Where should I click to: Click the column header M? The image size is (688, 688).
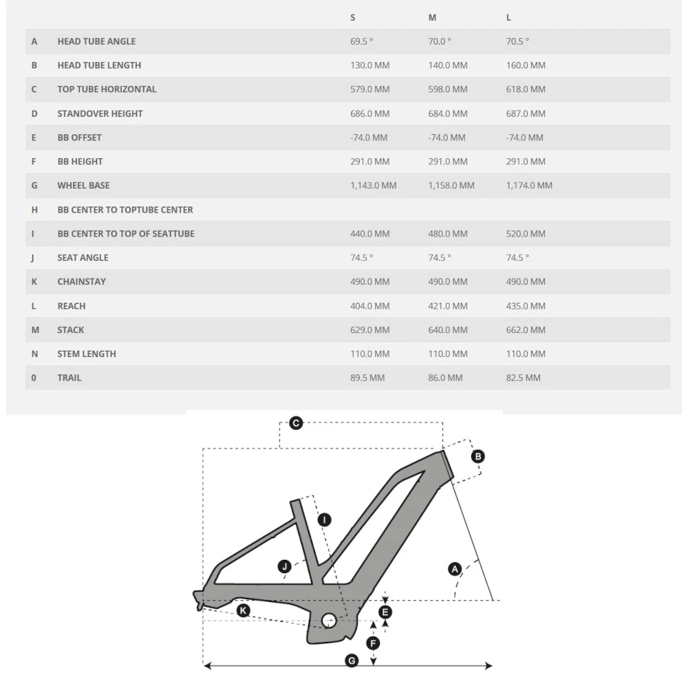pos(432,17)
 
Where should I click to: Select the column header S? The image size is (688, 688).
pos(353,17)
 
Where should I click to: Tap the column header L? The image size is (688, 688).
pos(508,17)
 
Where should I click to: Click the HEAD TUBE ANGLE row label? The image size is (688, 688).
pos(96,41)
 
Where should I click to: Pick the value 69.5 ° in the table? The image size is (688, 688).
pos(361,41)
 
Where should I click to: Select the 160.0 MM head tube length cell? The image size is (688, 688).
pos(526,65)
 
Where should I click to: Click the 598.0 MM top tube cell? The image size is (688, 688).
pos(447,89)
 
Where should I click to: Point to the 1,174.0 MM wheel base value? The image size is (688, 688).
pos(529,186)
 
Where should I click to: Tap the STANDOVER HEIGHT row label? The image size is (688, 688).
pos(100,114)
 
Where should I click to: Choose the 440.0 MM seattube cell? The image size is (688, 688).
pos(369,234)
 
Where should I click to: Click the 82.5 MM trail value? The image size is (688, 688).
pos(523,378)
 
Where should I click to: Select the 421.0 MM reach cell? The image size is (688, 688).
pos(447,305)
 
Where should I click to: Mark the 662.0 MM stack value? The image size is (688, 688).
pos(526,330)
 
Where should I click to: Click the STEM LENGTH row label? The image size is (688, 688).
pos(87,354)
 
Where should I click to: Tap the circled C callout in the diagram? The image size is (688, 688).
pos(296,423)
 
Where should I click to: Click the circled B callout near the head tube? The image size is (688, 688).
pos(477,456)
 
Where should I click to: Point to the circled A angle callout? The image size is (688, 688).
pos(454,568)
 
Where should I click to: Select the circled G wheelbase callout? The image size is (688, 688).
pos(352,660)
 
